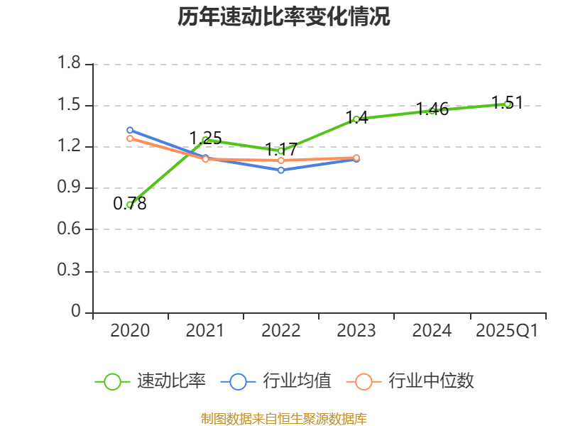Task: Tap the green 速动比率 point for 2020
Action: coord(130,204)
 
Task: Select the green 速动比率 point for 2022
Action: coord(281,151)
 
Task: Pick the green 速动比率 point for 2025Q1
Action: coord(507,104)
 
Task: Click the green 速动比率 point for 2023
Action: coord(356,119)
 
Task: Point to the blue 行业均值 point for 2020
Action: coord(130,130)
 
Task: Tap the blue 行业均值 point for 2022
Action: coord(281,170)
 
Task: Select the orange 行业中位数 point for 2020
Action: coord(130,138)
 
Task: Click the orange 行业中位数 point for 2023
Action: coord(356,158)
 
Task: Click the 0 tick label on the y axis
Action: coord(77,312)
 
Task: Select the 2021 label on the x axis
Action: coord(205,331)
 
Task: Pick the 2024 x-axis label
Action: coord(432,331)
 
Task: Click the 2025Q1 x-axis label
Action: coord(507,331)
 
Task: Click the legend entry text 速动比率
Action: coord(171,381)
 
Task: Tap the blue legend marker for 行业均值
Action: coord(238,381)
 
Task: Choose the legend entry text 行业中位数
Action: coord(431,381)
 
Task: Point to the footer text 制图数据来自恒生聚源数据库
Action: coord(284,418)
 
